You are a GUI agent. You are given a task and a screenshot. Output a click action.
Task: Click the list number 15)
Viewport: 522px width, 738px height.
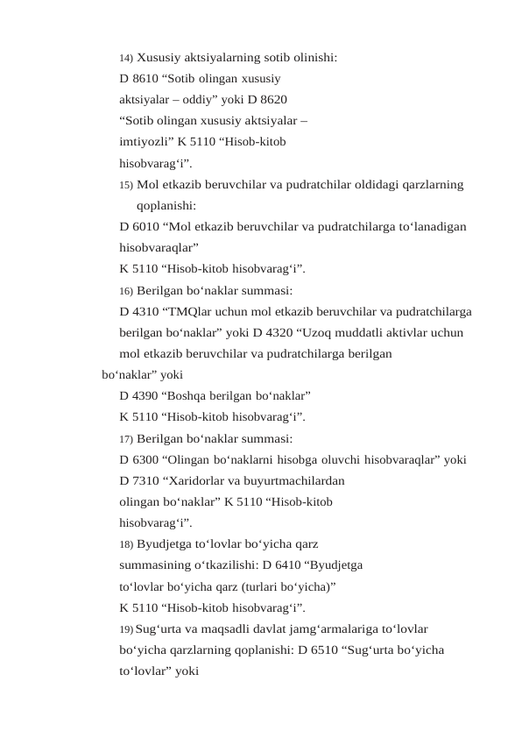(x=126, y=185)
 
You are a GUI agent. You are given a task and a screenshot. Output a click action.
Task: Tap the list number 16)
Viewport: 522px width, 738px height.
(x=126, y=290)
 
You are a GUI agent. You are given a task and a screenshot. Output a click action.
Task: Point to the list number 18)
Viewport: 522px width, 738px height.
(x=126, y=543)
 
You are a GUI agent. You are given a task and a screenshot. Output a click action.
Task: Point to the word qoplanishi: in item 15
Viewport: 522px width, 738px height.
(x=166, y=206)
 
